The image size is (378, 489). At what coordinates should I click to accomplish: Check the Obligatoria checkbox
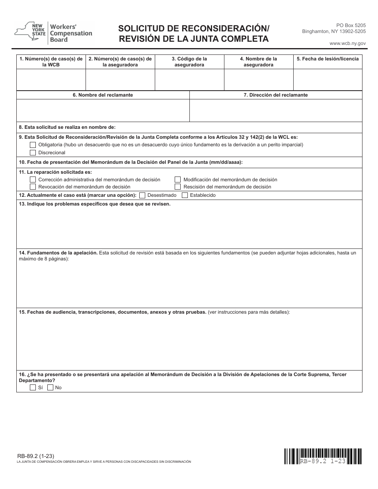(33, 145)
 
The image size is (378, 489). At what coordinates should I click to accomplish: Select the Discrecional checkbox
(33, 153)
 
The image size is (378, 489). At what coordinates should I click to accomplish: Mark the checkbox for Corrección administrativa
(33, 180)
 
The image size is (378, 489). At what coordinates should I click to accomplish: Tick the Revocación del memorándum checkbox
(33, 187)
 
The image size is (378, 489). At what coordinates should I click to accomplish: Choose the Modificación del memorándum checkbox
(178, 180)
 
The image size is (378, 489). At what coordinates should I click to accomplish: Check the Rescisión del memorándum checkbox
(178, 187)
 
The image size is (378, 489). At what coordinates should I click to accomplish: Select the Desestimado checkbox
(142, 195)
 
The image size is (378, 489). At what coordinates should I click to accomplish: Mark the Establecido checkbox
(185, 195)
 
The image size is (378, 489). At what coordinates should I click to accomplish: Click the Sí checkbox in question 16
(33, 388)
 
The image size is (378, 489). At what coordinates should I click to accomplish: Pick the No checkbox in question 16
(50, 388)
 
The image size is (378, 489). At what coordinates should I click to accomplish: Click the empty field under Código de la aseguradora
(189, 80)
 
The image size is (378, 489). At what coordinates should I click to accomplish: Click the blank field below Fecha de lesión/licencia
(327, 80)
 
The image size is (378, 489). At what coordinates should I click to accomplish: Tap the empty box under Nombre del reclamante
(103, 110)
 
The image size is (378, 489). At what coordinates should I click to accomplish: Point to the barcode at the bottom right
(323, 456)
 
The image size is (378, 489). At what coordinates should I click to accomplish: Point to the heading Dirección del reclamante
(275, 95)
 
